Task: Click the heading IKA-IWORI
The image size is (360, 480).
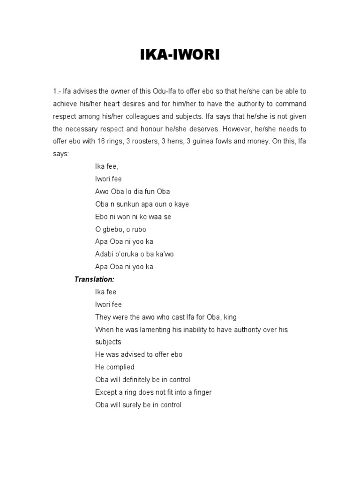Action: [180, 56]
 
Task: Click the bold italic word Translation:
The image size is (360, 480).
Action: [95, 279]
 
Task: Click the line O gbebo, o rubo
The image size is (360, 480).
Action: [120, 229]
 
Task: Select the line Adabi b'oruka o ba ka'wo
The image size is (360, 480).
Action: [135, 254]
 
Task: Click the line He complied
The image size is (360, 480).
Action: [115, 367]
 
